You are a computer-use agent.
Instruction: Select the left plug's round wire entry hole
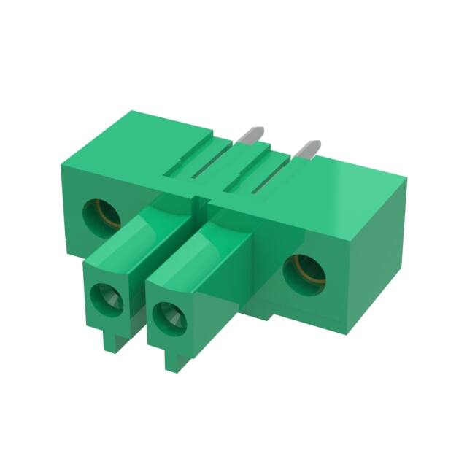click(x=107, y=298)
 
